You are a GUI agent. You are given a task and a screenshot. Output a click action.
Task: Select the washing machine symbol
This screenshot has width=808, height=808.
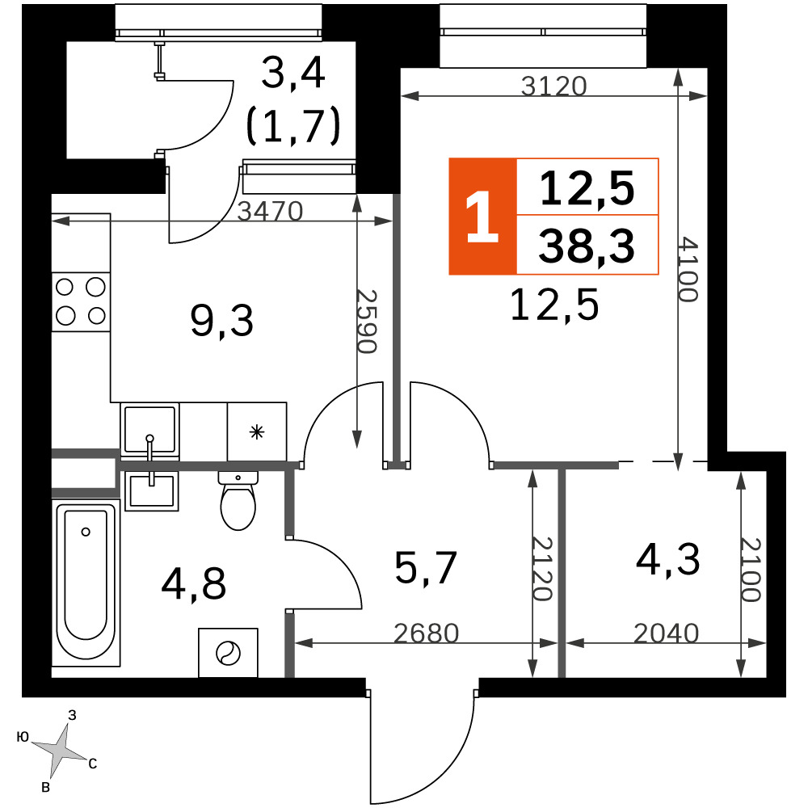tap(228, 652)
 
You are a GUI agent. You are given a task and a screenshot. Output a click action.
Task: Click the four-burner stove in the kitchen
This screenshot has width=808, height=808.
tap(81, 301)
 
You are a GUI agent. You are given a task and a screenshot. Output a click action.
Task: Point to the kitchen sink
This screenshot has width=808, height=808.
tap(150, 431)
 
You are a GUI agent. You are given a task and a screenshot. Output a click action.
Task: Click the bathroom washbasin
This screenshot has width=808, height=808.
tap(152, 490)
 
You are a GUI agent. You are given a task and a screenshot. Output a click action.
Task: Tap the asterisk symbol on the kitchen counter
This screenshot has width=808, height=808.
tap(257, 431)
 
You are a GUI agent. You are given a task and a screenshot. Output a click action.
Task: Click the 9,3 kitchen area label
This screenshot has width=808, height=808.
tap(221, 321)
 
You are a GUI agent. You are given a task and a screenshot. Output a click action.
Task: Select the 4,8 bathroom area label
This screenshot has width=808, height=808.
tap(193, 584)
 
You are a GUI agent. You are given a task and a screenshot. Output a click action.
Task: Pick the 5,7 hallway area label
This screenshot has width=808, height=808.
tap(426, 568)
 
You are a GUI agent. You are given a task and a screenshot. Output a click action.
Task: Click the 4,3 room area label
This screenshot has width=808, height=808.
tap(668, 560)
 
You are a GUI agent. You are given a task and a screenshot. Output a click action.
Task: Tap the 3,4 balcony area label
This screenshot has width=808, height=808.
tap(292, 74)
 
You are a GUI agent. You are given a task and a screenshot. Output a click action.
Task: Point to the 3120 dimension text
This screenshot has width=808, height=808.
tap(554, 86)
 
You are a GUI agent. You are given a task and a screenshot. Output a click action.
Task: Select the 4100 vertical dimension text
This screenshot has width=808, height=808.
tap(688, 269)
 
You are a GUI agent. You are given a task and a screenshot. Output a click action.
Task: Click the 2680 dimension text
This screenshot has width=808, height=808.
tap(426, 633)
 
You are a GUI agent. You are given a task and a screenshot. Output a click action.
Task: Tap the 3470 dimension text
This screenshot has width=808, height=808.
tap(270, 211)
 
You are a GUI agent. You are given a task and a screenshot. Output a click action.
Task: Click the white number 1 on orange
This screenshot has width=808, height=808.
tap(482, 217)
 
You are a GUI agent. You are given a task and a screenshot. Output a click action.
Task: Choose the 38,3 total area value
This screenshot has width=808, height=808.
tap(587, 246)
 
